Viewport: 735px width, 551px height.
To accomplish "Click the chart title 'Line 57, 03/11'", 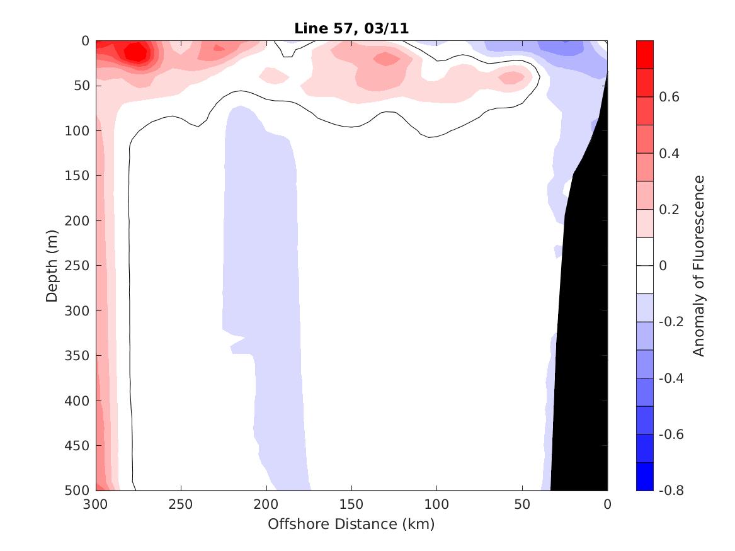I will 351,28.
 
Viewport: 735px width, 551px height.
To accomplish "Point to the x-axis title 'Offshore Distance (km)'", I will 351,524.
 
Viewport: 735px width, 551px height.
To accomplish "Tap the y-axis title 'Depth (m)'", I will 52,266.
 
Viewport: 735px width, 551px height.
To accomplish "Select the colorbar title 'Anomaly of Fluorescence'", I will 698,266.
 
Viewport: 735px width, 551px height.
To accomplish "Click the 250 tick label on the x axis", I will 181,505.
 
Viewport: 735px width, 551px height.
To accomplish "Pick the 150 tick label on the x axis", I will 351,505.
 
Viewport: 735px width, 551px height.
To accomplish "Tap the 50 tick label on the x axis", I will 522,505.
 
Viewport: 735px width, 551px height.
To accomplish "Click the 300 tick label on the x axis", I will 96,505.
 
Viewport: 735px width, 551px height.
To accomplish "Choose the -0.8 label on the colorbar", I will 670,490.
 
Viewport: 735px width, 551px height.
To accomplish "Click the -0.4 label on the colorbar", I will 670,378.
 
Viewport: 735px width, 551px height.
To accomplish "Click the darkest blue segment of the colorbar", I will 645,476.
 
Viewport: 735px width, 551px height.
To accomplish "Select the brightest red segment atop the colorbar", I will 645,54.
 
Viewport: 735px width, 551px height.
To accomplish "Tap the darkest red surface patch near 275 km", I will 134,53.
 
